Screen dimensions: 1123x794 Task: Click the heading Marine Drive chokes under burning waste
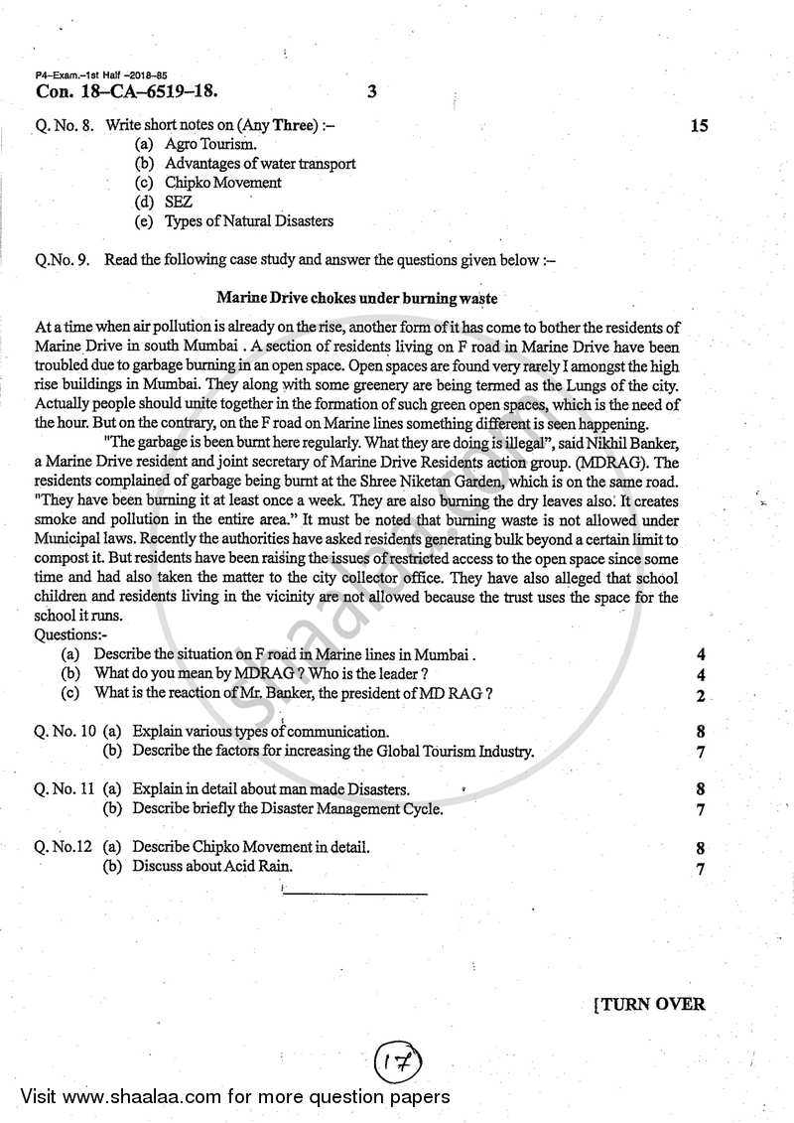click(356, 297)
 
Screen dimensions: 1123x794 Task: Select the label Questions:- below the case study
click(71, 633)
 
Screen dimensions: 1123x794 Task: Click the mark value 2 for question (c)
click(701, 695)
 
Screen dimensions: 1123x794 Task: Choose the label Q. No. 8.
click(66, 127)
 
